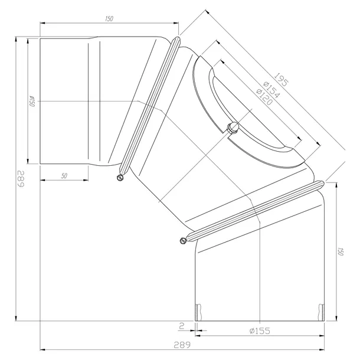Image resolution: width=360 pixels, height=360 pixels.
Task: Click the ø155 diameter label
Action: tap(260, 331)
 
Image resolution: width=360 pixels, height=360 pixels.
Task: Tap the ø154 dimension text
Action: tap(271, 90)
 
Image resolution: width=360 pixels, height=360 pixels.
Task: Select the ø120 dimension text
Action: tap(264, 97)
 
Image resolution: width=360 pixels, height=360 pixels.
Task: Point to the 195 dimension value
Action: tap(282, 80)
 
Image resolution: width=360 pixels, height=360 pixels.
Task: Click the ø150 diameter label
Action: tap(32, 102)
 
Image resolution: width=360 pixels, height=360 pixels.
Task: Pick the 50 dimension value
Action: tap(64, 176)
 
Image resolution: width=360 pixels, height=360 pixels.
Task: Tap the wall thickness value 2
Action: tap(182, 326)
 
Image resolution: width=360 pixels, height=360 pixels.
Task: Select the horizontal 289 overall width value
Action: tap(182, 345)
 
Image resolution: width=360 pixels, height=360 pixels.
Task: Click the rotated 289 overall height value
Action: tap(21, 179)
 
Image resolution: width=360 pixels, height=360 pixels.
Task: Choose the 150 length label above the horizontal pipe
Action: tap(109, 19)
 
